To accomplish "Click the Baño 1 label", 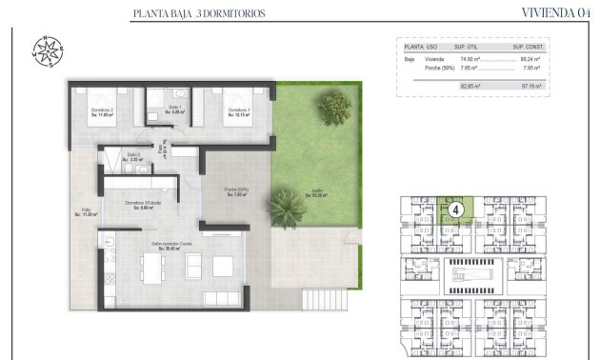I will tap(174, 108).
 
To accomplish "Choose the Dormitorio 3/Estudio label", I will tap(140, 205).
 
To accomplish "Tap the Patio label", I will tap(86, 212).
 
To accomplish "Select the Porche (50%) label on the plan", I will tap(237, 190).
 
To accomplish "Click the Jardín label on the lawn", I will tap(316, 193).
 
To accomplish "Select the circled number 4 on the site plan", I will tap(456, 209).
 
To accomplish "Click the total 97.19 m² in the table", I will tap(529, 86).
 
